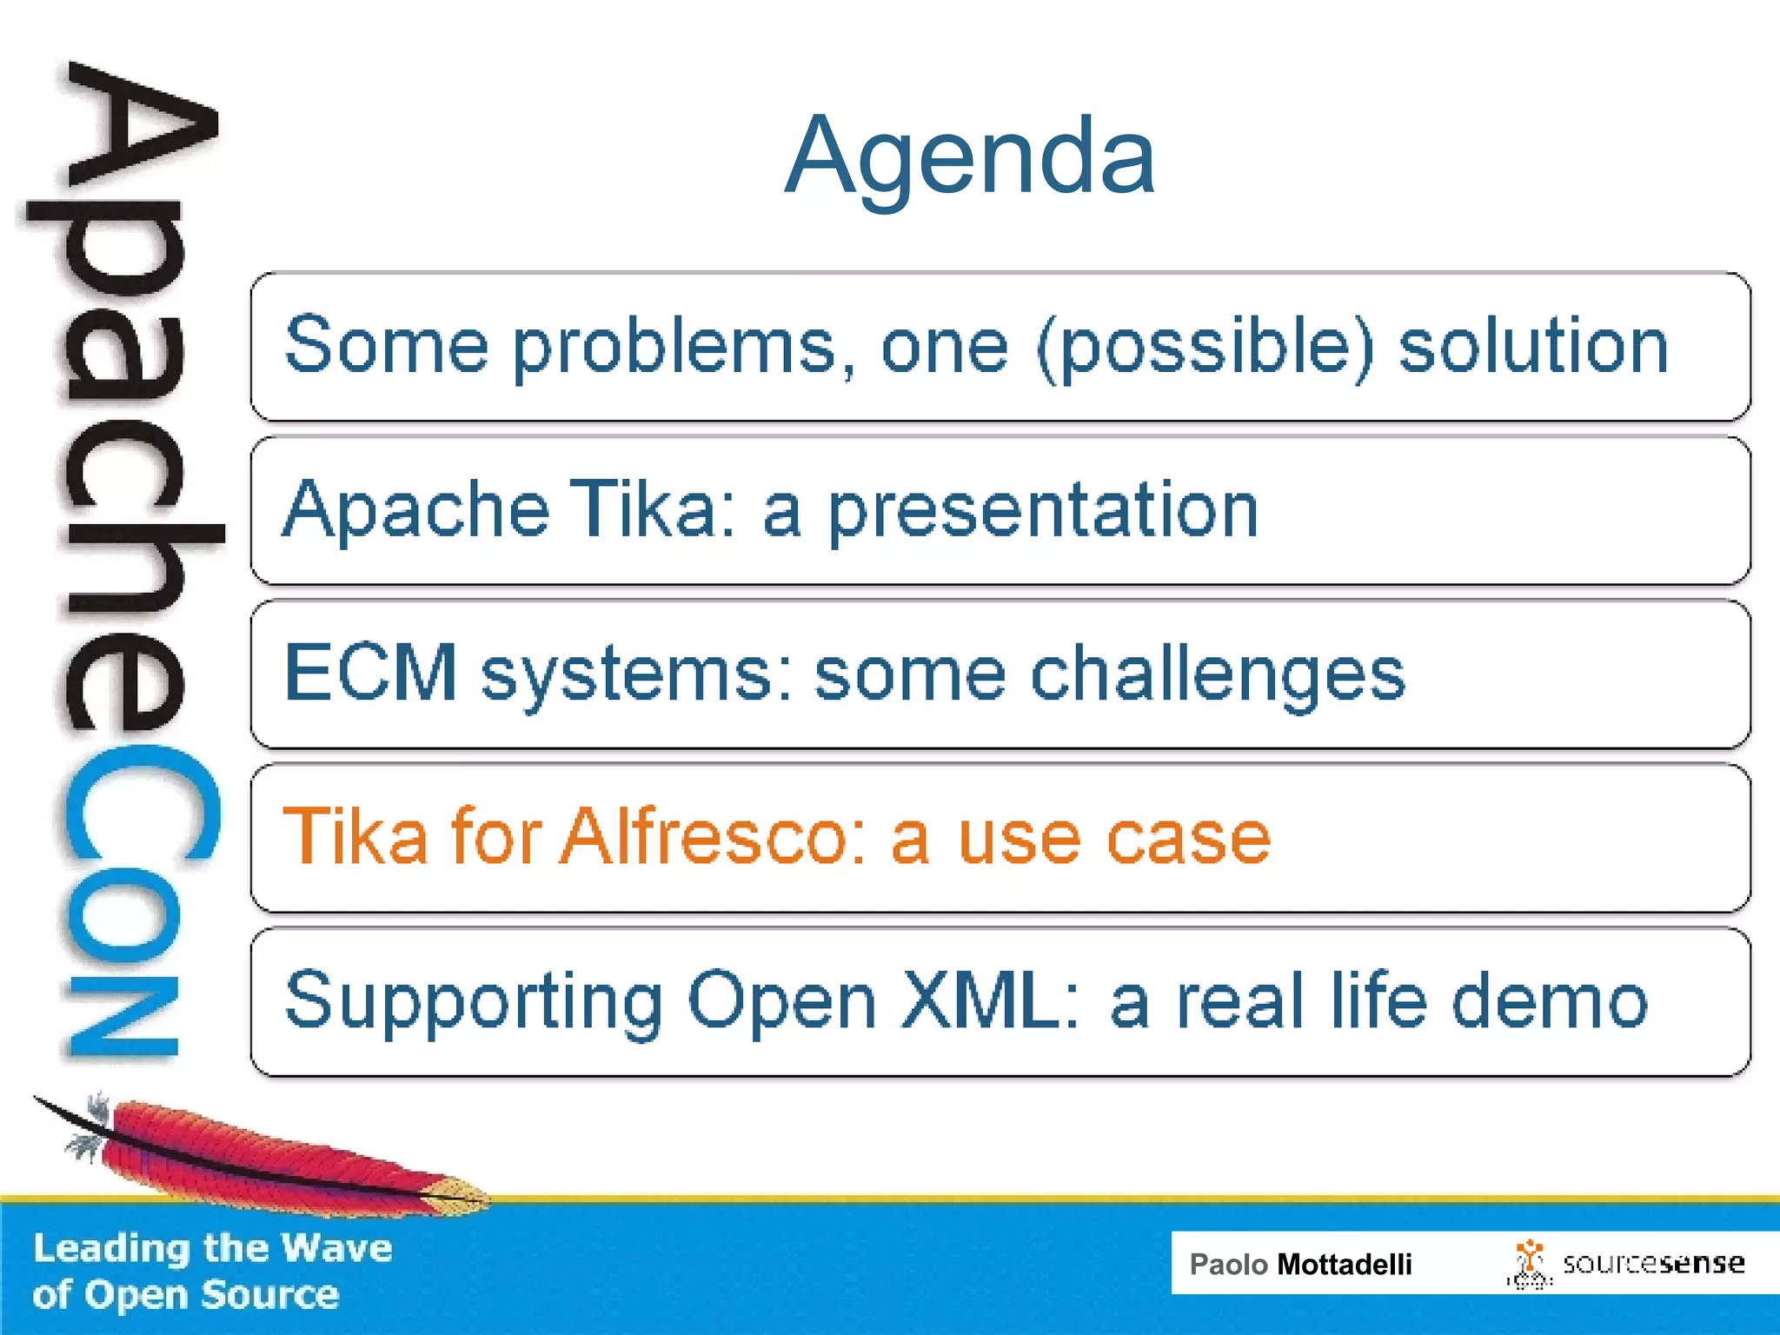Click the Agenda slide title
coord(969,157)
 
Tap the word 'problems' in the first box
coord(674,347)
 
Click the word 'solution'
coord(1533,347)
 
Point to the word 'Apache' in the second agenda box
coord(415,510)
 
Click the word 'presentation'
coord(1042,510)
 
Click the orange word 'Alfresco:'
coord(713,836)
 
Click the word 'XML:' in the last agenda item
coord(990,1000)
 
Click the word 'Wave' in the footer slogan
coord(337,1248)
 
